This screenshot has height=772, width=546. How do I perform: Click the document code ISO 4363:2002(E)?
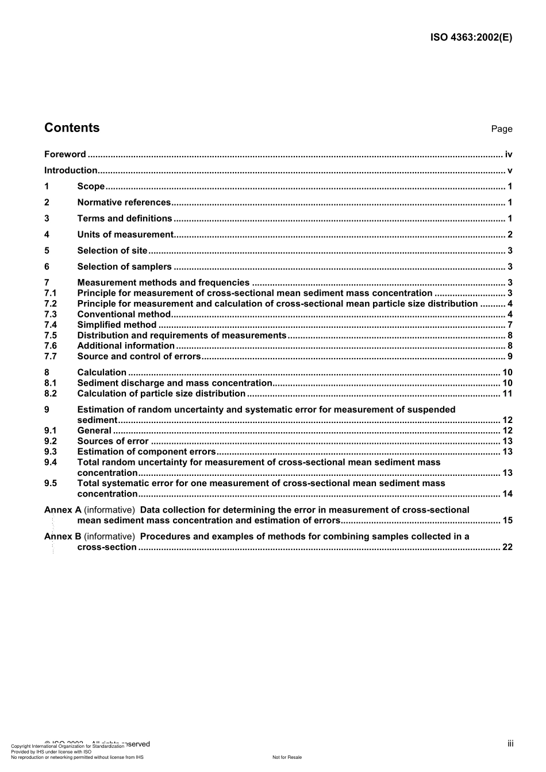pyautogui.click(x=471, y=38)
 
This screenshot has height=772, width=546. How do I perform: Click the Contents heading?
pyautogui.click(x=72, y=128)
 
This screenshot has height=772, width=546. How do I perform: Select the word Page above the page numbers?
pyautogui.click(x=501, y=129)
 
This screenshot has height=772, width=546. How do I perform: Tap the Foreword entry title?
pyautogui.click(x=65, y=154)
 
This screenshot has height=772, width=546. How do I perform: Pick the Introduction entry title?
pyautogui.click(x=71, y=170)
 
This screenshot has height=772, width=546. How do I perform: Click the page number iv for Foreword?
pyautogui.click(x=508, y=154)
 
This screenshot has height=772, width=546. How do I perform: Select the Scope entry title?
pyautogui.click(x=91, y=187)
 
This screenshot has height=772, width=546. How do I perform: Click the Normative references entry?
pyautogui.click(x=124, y=203)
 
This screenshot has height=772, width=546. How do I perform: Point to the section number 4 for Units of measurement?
pyautogui.click(x=47, y=235)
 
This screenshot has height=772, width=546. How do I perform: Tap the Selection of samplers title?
pyautogui.click(x=124, y=267)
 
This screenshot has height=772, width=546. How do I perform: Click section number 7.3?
pyautogui.click(x=51, y=315)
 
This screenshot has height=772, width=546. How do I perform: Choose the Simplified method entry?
pyautogui.click(x=117, y=325)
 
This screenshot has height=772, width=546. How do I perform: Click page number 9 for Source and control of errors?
pyautogui.click(x=510, y=356)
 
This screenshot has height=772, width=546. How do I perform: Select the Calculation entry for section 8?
pyautogui.click(x=102, y=373)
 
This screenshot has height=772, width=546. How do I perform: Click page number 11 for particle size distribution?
pyautogui.click(x=507, y=394)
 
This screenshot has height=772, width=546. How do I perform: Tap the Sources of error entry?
pyautogui.click(x=113, y=441)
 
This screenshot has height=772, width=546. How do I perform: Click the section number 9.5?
pyautogui.click(x=51, y=483)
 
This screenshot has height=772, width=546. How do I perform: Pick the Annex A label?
pyautogui.click(x=63, y=510)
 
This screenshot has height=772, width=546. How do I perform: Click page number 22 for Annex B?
pyautogui.click(x=507, y=547)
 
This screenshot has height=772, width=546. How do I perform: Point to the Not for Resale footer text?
pyautogui.click(x=287, y=758)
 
